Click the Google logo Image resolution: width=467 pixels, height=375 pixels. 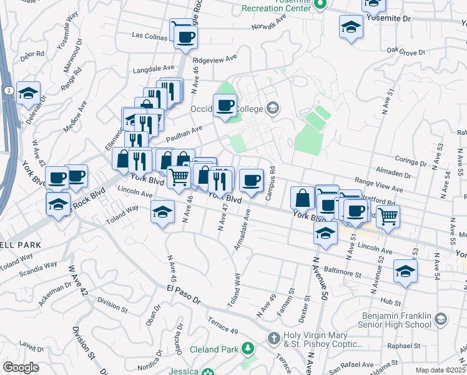click(x=21, y=367)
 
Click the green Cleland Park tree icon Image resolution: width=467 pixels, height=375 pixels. click(x=248, y=347)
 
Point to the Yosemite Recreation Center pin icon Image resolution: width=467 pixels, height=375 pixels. click(x=320, y=5)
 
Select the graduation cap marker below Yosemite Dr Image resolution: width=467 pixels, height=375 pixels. click(x=351, y=27)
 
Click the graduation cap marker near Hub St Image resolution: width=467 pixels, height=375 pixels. click(x=405, y=272)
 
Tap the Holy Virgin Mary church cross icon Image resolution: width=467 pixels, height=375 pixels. click(x=273, y=339)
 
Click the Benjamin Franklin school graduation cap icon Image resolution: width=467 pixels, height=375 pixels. click(x=441, y=320)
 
